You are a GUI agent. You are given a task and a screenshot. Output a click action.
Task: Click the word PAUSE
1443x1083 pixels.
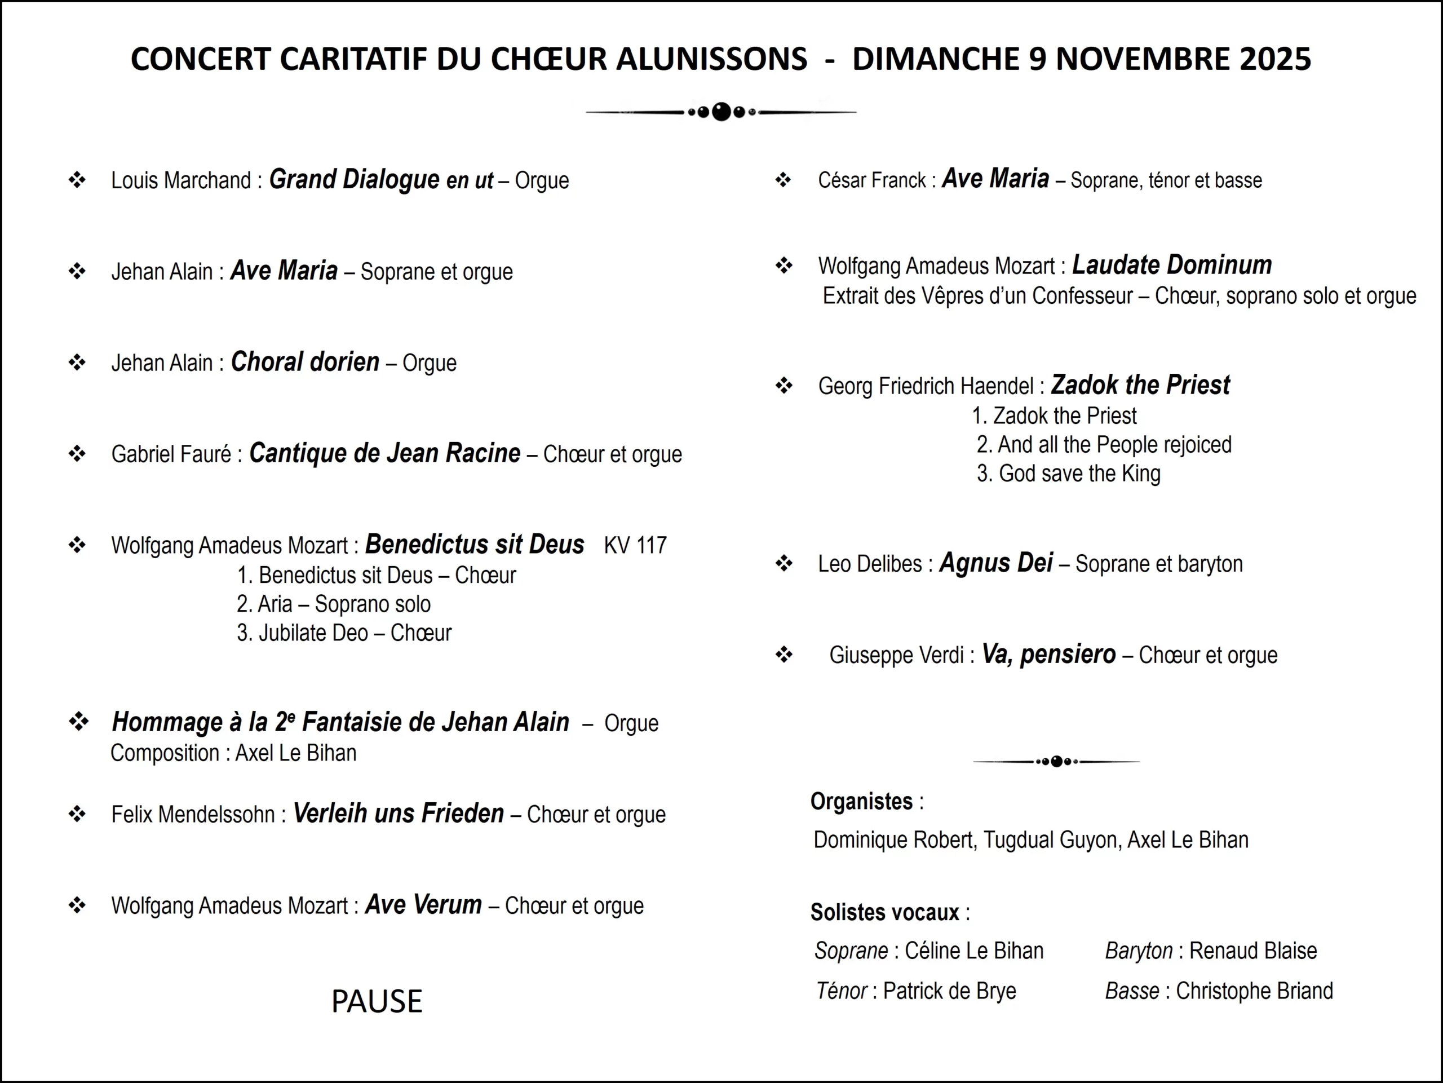click(377, 1001)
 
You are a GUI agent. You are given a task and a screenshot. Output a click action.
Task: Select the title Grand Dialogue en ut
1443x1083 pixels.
click(381, 179)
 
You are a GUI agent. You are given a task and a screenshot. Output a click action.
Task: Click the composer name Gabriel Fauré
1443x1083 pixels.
click(171, 454)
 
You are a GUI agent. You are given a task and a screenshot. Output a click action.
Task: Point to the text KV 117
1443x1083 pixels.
click(635, 545)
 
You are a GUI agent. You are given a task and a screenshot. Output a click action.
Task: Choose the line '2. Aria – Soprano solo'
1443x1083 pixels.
click(333, 604)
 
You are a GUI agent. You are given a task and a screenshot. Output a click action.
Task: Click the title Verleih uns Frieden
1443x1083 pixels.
click(399, 814)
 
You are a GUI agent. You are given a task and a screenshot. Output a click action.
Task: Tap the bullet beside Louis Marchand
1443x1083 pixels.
click(77, 179)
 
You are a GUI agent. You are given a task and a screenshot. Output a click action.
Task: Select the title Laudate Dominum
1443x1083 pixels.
click(1172, 265)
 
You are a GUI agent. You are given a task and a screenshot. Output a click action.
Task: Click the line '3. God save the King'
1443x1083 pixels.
click(1069, 474)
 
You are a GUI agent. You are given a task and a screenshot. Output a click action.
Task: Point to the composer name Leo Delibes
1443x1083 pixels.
click(870, 564)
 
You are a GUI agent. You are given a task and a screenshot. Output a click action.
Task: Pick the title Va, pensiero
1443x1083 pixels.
click(1048, 655)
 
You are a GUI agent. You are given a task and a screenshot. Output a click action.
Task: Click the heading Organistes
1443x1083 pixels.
click(861, 801)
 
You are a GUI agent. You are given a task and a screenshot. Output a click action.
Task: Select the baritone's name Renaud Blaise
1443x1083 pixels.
click(1252, 951)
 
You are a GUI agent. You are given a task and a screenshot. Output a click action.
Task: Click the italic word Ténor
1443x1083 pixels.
click(841, 991)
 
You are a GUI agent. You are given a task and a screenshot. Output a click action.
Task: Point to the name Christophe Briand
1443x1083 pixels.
click(1254, 991)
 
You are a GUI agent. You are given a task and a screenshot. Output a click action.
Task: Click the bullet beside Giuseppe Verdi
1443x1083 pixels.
click(784, 655)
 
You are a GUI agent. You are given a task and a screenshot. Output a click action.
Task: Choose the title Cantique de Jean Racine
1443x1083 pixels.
click(384, 453)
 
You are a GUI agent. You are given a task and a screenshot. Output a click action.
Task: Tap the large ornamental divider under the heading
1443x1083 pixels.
click(721, 112)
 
